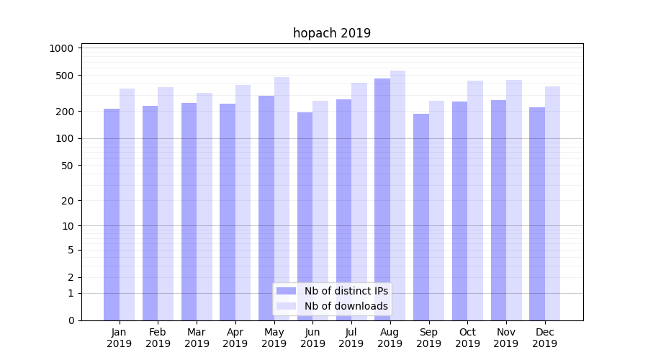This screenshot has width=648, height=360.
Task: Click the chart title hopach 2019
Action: (x=332, y=33)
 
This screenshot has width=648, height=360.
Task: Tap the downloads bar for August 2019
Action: (x=397, y=195)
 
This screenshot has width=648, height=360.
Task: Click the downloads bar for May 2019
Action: (x=282, y=199)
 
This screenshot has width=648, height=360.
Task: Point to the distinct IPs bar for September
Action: (x=420, y=217)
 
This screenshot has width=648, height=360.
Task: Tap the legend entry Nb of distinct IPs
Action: (x=346, y=291)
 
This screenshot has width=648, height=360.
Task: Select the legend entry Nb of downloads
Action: (x=346, y=306)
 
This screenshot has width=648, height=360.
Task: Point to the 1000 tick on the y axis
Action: (x=62, y=48)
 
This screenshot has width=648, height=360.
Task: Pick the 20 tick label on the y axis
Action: (x=67, y=201)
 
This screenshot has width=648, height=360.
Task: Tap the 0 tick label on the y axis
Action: (x=71, y=320)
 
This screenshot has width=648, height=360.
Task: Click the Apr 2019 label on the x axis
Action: (x=235, y=338)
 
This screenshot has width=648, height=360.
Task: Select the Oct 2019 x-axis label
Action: (x=467, y=338)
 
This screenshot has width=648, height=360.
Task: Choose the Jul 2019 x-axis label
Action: (x=351, y=338)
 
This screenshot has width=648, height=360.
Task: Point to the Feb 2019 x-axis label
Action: (x=158, y=338)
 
